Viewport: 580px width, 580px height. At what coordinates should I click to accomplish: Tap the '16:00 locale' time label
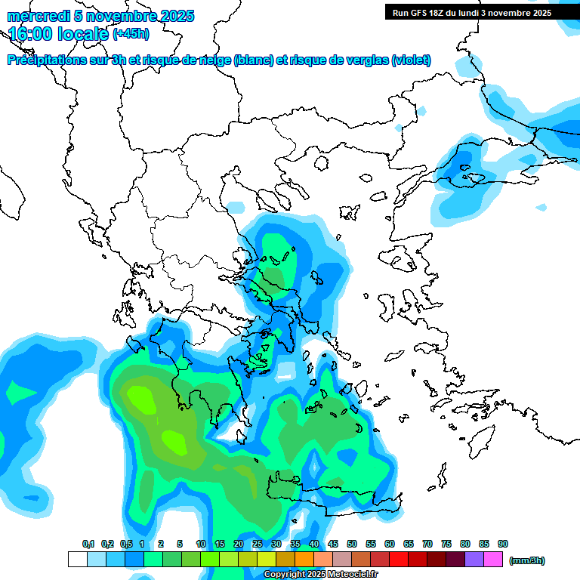[59, 34]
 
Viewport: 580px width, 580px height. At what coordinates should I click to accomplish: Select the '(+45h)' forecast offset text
[131, 34]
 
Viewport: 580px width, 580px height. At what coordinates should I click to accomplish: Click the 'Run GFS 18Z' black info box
[471, 12]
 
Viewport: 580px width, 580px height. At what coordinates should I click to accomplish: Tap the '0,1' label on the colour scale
[88, 544]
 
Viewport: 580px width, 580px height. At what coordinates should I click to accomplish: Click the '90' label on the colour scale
[503, 544]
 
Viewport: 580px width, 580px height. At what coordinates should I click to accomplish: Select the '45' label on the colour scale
[333, 544]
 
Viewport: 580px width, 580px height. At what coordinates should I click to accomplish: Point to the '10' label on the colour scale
[201, 544]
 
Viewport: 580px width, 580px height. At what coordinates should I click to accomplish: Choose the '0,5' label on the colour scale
[126, 544]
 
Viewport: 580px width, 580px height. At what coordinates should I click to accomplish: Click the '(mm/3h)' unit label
[526, 560]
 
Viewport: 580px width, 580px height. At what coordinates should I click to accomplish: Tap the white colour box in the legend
[77, 559]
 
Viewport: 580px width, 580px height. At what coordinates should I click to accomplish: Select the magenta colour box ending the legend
[493, 559]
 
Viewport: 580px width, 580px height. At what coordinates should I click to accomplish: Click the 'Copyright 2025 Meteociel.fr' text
[320, 575]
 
